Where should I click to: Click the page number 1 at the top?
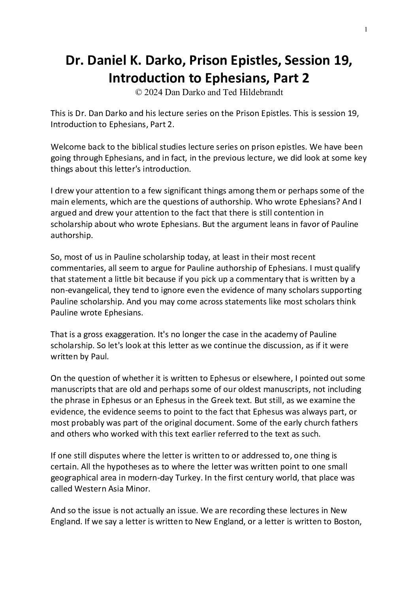pyautogui.click(x=366, y=29)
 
